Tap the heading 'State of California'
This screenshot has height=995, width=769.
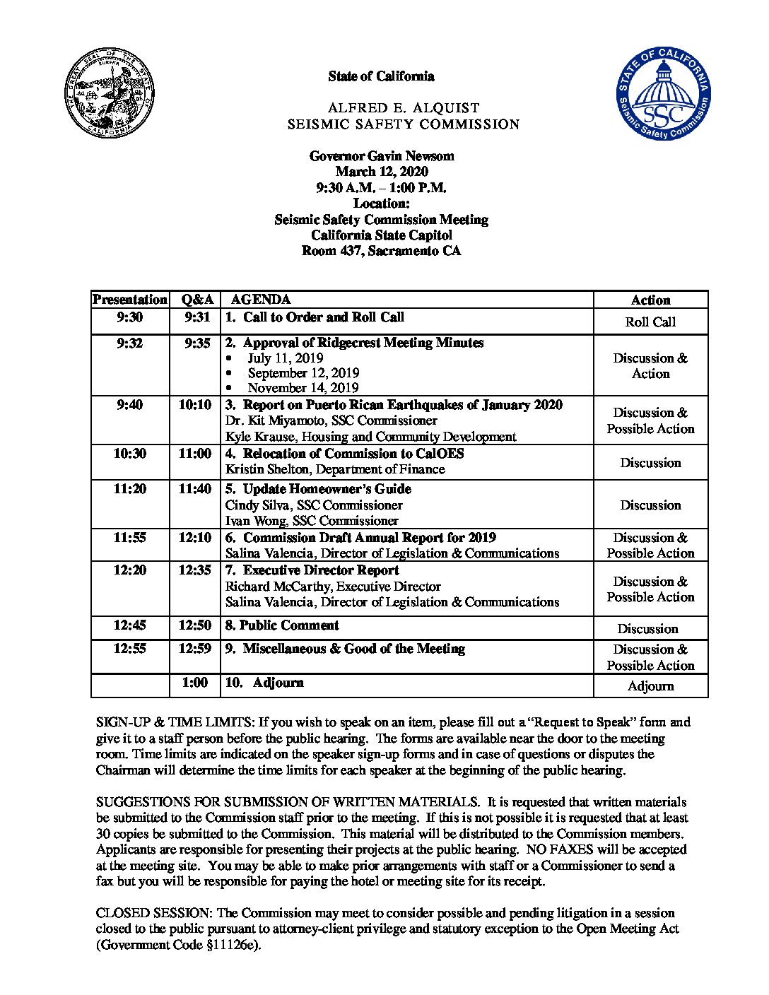[x=381, y=76]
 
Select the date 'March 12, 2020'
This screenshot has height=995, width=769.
[x=381, y=172]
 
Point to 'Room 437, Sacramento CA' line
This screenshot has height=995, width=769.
[x=381, y=251]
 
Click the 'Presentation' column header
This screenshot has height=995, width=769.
[x=130, y=300]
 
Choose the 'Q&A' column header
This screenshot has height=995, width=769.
[x=194, y=300]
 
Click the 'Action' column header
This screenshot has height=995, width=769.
[x=650, y=300]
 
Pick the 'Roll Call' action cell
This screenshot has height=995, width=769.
[x=650, y=322]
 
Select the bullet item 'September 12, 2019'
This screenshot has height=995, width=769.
[x=303, y=373]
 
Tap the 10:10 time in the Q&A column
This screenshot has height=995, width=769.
[x=194, y=406]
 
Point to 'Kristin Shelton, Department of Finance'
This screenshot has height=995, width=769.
[x=335, y=469]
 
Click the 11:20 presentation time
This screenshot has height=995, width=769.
[x=130, y=489]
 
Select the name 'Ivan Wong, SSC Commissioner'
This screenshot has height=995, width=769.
[x=312, y=521]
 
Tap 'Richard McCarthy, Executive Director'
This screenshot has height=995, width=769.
[x=333, y=587]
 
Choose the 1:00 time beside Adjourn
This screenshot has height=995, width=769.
[x=194, y=683]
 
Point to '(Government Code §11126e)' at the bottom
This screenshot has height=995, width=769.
[x=179, y=945]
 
